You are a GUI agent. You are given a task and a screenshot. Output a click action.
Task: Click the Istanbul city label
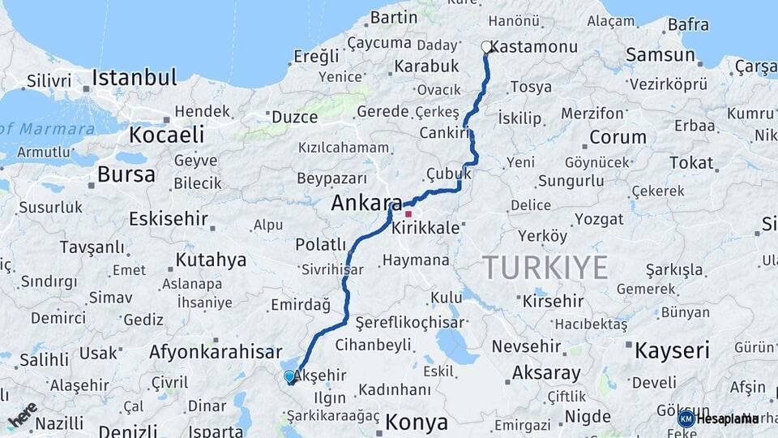(x=134, y=78)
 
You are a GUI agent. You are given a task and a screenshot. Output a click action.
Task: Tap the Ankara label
(x=367, y=204)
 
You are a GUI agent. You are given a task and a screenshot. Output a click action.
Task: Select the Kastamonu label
(x=534, y=47)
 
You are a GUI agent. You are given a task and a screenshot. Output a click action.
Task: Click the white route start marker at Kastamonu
(x=486, y=47)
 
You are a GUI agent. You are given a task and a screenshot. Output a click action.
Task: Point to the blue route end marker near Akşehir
(x=290, y=376)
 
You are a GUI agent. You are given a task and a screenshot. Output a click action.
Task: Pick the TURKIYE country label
(x=545, y=267)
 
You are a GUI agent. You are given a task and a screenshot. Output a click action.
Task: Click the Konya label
(x=417, y=422)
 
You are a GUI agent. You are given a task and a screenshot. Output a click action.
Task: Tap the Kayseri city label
(x=672, y=350)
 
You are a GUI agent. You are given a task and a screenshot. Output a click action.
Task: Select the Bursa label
(x=126, y=174)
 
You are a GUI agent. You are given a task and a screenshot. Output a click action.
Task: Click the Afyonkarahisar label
(x=215, y=352)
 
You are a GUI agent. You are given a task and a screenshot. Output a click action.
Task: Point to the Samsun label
(x=660, y=55)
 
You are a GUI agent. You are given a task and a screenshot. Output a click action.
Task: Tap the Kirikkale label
(x=425, y=229)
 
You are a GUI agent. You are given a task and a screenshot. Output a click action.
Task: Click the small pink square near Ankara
(x=408, y=214)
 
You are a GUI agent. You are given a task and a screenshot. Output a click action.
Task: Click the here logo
(x=23, y=414)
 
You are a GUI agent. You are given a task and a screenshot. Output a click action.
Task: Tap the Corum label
(x=618, y=137)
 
